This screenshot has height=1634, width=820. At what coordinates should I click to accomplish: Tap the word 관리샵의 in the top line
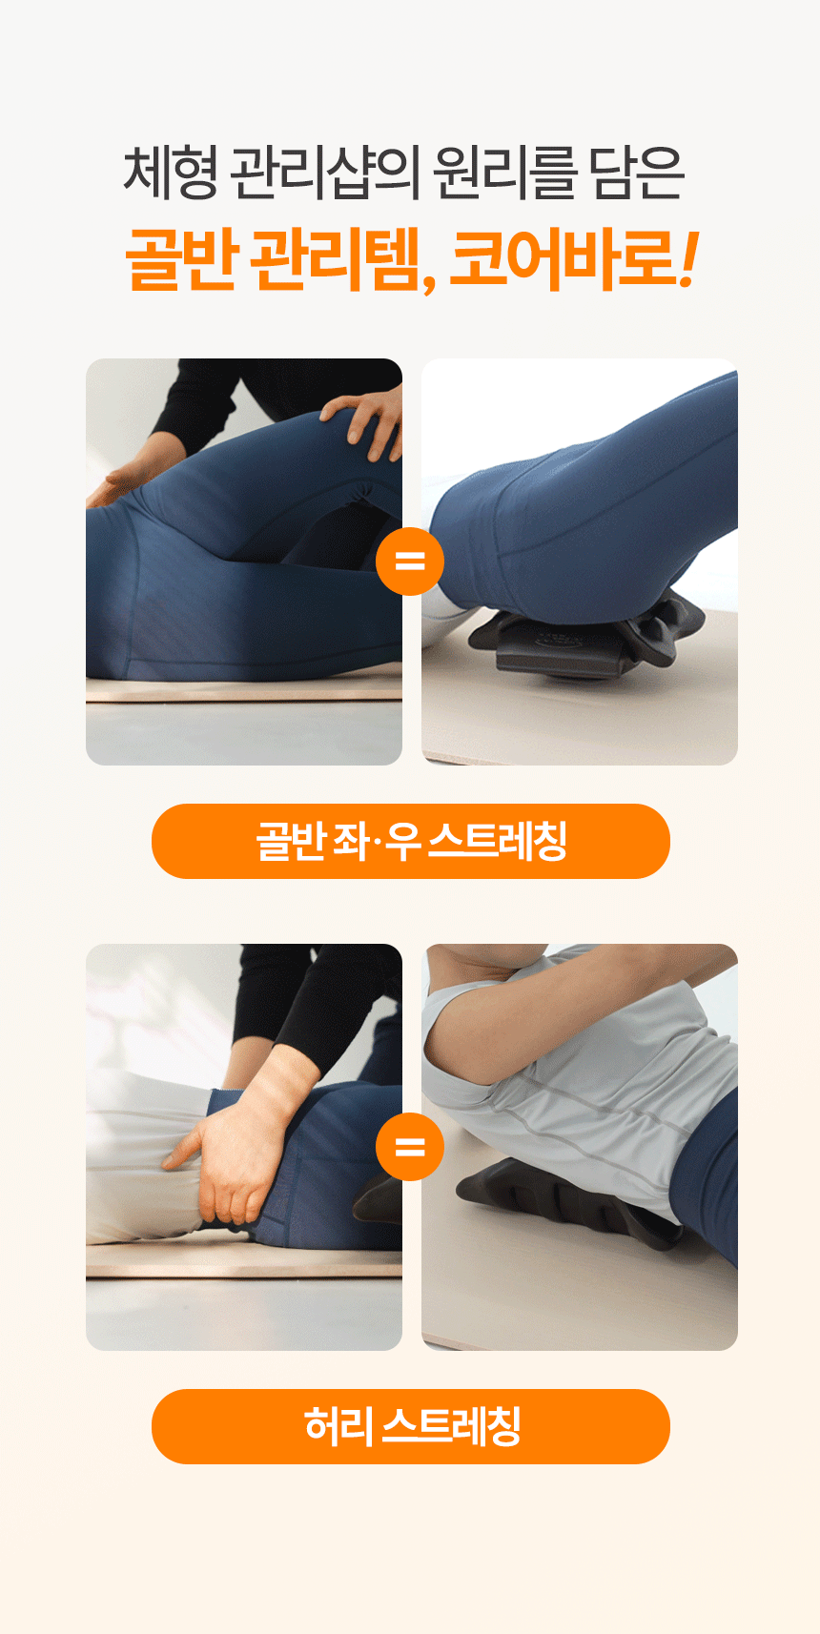click(x=324, y=173)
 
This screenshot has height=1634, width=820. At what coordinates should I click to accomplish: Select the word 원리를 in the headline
click(x=504, y=173)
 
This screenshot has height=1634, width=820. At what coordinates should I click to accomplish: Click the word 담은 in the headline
click(x=637, y=173)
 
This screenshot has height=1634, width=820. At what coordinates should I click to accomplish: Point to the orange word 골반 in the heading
click(x=182, y=259)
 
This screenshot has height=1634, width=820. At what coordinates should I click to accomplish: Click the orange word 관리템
click(x=343, y=260)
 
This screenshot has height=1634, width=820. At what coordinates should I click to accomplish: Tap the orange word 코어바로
click(x=563, y=259)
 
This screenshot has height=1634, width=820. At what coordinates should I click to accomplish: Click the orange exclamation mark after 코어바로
click(x=688, y=259)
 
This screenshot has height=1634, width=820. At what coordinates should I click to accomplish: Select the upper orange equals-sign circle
click(x=410, y=561)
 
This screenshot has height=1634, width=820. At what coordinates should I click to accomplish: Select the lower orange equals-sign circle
click(x=410, y=1147)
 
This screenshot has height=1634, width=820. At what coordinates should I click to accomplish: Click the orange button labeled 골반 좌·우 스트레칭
click(x=411, y=841)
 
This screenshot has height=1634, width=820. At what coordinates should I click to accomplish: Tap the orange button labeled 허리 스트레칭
click(x=411, y=1427)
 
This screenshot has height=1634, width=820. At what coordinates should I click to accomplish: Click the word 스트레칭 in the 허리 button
click(x=451, y=1426)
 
